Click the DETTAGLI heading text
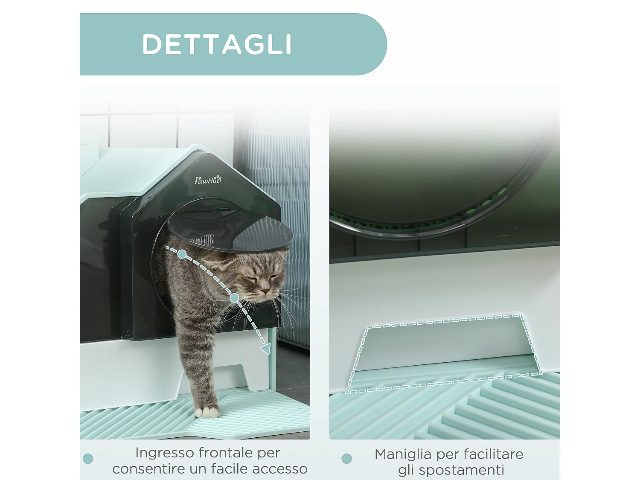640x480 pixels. (x=217, y=44)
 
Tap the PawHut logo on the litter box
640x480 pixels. (x=208, y=180)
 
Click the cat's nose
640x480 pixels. (x=265, y=291)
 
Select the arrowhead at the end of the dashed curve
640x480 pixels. (x=265, y=349)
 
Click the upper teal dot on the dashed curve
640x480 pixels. (x=182, y=254)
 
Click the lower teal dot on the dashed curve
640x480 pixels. (x=234, y=298)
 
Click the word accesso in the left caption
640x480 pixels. (x=279, y=469)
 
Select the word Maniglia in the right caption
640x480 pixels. (x=403, y=454)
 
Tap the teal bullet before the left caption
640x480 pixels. (x=88, y=459)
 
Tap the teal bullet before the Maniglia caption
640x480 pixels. (x=347, y=459)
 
